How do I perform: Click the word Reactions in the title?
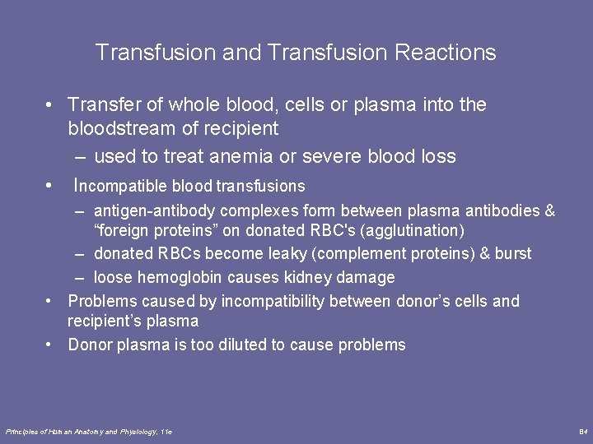(x=445, y=53)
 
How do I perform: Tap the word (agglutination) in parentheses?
(x=416, y=230)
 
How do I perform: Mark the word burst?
(x=513, y=253)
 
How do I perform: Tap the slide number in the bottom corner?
(x=582, y=432)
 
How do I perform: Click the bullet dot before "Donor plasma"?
(x=50, y=345)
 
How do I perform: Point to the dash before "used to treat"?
(x=81, y=156)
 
